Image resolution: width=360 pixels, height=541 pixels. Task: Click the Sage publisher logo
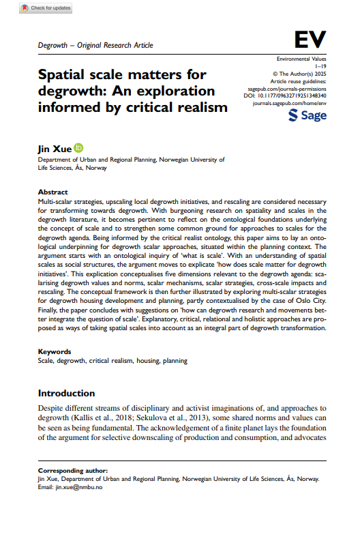pyautogui.click(x=307, y=115)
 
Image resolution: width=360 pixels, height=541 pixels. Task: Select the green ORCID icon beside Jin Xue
pyautogui.click(x=78, y=147)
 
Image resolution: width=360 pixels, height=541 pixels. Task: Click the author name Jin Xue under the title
pyautogui.click(x=54, y=147)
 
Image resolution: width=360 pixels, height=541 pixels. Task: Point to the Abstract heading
pyautogui.click(x=52, y=192)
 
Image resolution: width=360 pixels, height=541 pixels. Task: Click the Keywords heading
pyautogui.click(x=55, y=352)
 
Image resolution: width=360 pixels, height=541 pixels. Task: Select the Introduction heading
pyautogui.click(x=67, y=394)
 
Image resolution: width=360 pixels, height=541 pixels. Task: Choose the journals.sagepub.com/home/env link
pyautogui.click(x=290, y=104)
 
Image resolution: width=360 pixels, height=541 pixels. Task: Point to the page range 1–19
pyautogui.click(x=320, y=67)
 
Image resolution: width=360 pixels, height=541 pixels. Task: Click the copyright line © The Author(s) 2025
pyautogui.click(x=299, y=74)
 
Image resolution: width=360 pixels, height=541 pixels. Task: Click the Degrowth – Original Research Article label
pyautogui.click(x=95, y=46)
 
